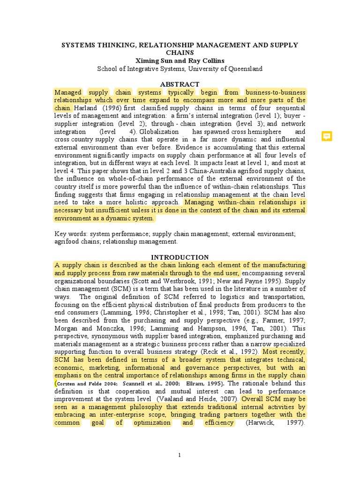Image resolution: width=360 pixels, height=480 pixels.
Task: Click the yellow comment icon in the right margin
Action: [327, 136]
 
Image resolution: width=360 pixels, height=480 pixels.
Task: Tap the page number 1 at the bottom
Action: [179, 455]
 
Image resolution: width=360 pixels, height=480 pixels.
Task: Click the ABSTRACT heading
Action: [180, 84]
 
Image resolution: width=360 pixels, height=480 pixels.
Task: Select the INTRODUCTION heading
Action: [180, 257]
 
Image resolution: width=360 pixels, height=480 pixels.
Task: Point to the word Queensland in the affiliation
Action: [245, 68]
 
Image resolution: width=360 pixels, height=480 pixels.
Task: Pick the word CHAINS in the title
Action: [180, 52]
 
